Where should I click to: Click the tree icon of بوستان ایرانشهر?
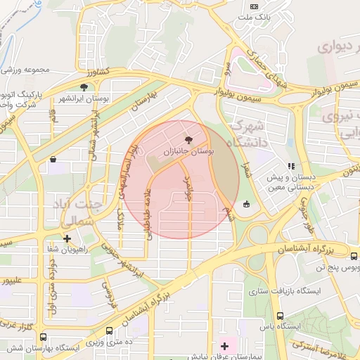84,88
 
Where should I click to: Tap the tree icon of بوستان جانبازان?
187,140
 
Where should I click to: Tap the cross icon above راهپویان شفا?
67,239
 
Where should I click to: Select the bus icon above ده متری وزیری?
110,330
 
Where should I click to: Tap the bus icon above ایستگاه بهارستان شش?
44,337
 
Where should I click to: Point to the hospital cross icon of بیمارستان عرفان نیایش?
225,345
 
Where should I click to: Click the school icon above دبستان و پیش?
290,167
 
